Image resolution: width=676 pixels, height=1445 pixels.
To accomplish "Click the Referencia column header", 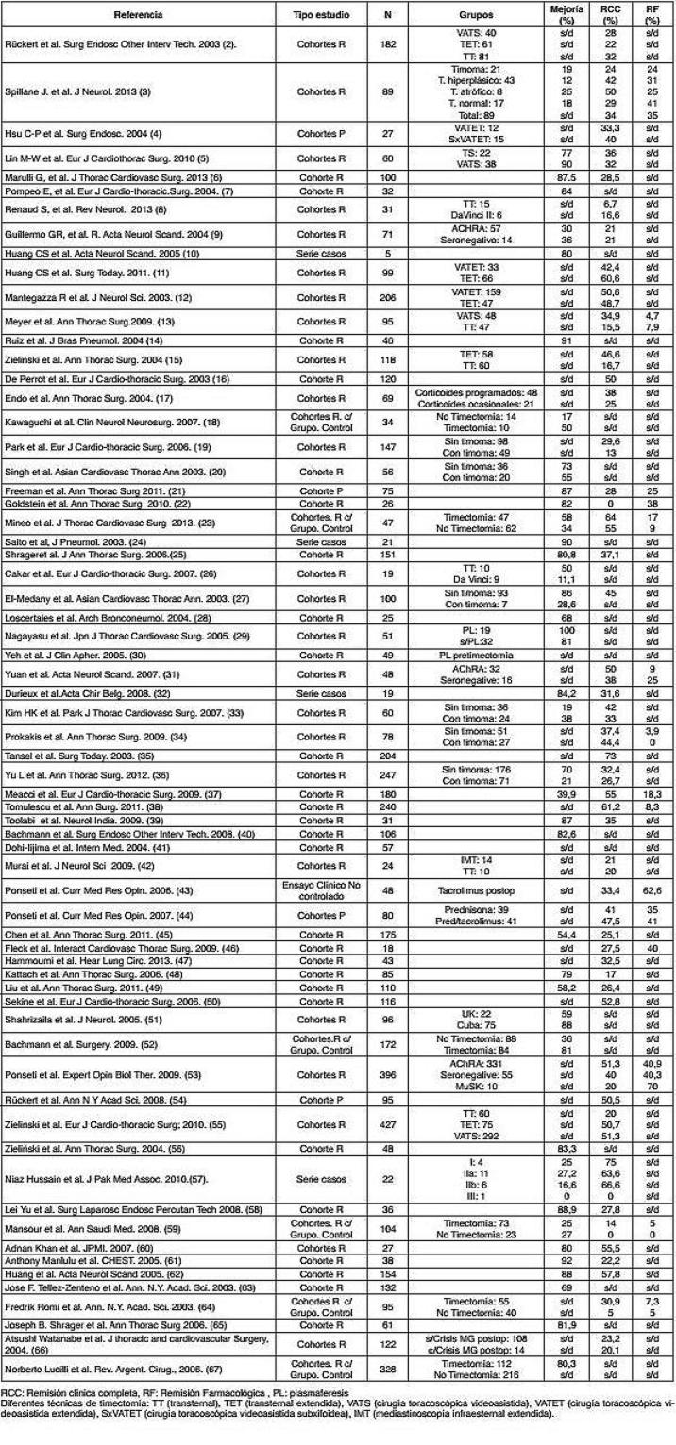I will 138,16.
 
